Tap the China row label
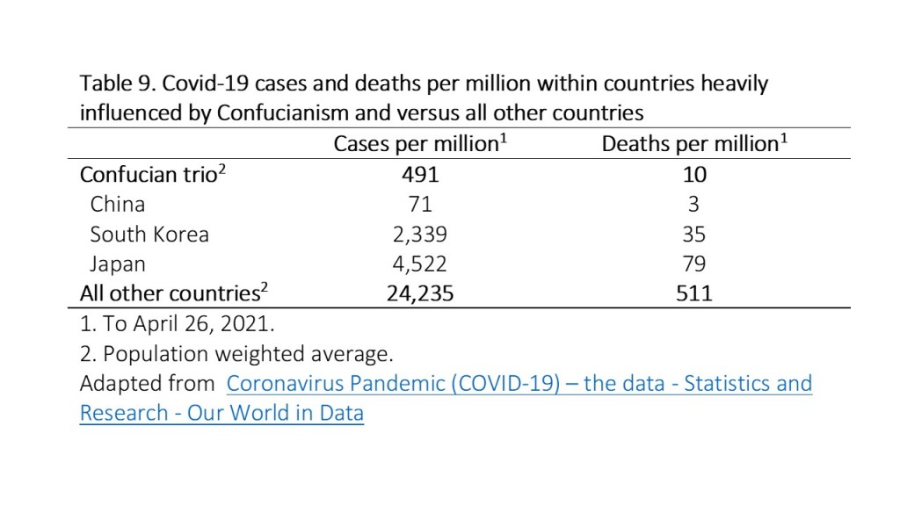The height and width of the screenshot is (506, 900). click(x=117, y=204)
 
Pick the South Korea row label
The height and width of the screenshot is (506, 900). click(x=149, y=234)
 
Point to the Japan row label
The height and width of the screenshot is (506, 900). click(x=118, y=264)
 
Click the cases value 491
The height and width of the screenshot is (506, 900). click(x=420, y=174)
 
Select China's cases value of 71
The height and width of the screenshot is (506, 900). click(x=420, y=204)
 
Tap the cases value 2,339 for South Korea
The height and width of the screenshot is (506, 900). click(x=420, y=234)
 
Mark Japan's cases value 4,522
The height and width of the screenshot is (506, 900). click(x=420, y=264)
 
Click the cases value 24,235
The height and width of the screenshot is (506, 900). click(x=420, y=293)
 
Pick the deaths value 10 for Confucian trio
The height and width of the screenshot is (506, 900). click(x=693, y=174)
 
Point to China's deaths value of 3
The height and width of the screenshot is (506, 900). click(x=693, y=204)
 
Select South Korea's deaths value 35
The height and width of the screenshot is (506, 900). click(x=693, y=234)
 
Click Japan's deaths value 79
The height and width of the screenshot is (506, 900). click(x=693, y=264)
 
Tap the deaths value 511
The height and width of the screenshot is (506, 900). click(x=693, y=293)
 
